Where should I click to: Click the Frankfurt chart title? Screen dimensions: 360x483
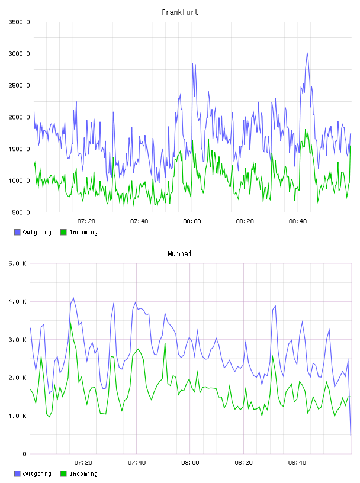(180, 12)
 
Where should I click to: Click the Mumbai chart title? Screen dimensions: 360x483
(179, 254)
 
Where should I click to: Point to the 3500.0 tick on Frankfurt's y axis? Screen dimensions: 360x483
(19, 22)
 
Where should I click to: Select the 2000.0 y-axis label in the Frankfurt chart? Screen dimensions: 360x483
(19, 117)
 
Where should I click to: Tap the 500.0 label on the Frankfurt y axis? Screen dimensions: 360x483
(21, 212)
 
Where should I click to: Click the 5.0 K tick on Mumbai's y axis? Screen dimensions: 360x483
(18, 263)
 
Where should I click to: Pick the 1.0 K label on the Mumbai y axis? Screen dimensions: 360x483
(18, 416)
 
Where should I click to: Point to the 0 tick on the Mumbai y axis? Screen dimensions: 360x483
(25, 454)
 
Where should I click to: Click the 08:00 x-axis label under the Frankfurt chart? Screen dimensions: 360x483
(192, 221)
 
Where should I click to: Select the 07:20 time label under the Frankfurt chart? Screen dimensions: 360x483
(86, 221)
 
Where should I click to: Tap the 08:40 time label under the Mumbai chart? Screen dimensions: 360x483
(297, 463)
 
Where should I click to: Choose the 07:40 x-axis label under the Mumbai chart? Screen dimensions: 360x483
(137, 463)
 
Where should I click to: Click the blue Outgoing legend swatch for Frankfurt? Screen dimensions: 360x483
(17, 232)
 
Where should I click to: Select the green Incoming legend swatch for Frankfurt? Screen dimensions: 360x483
(63, 232)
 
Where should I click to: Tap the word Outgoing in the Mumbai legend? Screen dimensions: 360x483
(37, 474)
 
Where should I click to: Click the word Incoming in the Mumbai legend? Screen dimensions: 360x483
(83, 474)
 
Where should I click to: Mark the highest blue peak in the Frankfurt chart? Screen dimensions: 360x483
(307, 52)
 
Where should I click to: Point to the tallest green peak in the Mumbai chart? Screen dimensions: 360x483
(71, 323)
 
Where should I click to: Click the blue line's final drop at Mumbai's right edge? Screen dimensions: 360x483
(350, 413)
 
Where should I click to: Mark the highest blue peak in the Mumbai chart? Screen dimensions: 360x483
(73, 298)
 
